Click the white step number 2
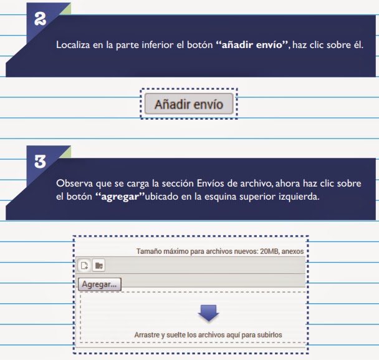tap(40, 19)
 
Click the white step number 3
tap(40, 162)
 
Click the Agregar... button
tap(100, 284)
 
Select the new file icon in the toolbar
tap(84, 265)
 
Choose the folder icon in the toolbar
tap(99, 265)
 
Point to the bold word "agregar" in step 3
tap(120, 196)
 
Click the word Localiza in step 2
tap(73, 45)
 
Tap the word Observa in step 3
tap(74, 183)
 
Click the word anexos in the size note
tap(292, 251)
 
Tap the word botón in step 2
tap(200, 45)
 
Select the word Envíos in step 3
tap(210, 183)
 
